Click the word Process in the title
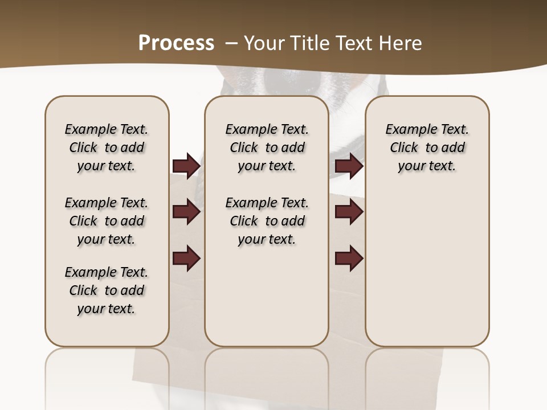coord(176,43)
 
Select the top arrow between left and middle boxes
coord(186,166)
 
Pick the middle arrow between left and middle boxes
coord(186,212)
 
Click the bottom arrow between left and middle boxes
coord(186,259)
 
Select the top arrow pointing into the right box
coord(349,166)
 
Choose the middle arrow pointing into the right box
coord(349,212)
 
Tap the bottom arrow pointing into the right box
coord(349,259)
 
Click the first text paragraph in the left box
coord(107,147)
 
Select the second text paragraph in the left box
coord(107,221)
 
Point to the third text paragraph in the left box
coord(107,290)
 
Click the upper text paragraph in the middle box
coord(267,147)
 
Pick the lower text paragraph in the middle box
coord(267,221)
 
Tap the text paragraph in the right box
coord(427,147)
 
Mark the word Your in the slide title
coord(264,43)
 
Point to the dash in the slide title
coord(232,43)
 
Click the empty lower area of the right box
coord(427,268)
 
